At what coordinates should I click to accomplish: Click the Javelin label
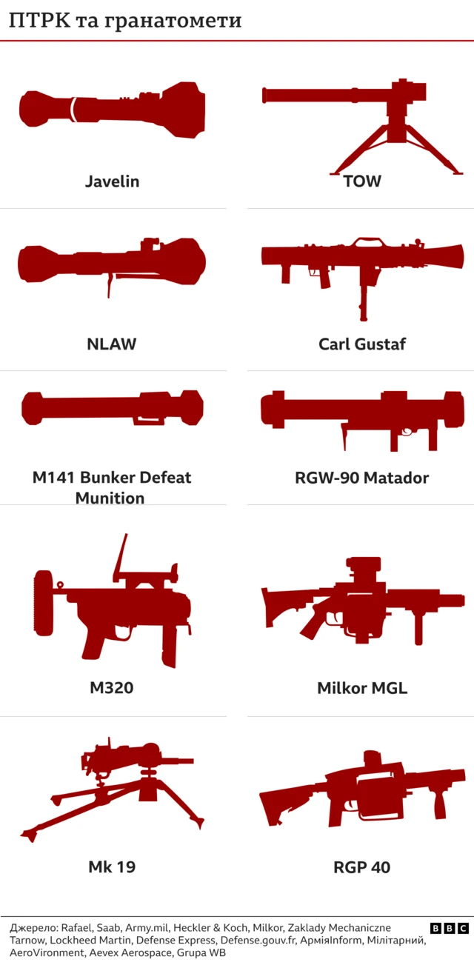112,181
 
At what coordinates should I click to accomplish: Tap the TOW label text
362,181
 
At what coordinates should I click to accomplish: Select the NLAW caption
112,344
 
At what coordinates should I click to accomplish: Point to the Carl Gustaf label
362,344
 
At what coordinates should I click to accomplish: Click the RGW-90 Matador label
362,478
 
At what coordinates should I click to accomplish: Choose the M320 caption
112,687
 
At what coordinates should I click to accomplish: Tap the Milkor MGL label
362,687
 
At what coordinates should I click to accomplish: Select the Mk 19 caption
112,867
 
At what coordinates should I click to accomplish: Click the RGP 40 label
362,867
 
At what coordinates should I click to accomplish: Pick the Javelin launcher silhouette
118,109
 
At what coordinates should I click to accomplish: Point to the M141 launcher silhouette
111,408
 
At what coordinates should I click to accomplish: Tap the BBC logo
449,928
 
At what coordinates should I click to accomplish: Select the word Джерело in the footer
33,928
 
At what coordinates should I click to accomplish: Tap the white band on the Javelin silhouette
73,109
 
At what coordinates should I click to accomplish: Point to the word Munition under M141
110,498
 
